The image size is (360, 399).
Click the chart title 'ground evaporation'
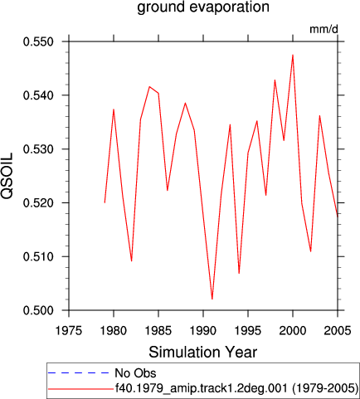tap(203, 7)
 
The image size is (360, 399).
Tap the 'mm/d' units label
tap(324, 29)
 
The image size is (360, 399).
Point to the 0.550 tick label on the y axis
tap(38, 42)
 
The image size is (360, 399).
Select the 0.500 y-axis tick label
tap(38, 310)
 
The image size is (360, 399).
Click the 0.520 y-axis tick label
tap(38, 203)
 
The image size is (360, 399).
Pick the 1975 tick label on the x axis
tap(69, 330)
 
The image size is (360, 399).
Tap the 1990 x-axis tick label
tap(203, 330)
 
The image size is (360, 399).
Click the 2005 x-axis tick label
tap(338, 330)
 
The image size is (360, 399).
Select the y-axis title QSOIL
tap(7, 176)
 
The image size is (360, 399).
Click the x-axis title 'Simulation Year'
tap(203, 353)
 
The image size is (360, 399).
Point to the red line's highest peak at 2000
tap(293, 55)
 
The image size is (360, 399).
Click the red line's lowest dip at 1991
tap(212, 299)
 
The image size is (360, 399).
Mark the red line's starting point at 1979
tap(105, 202)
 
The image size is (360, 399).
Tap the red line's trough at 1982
tap(132, 261)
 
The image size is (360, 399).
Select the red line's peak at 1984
tap(149, 86)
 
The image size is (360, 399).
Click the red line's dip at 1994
tap(239, 274)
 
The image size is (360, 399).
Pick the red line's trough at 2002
tap(311, 251)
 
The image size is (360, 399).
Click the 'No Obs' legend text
tap(135, 373)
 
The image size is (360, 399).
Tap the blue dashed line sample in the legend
tap(79, 373)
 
